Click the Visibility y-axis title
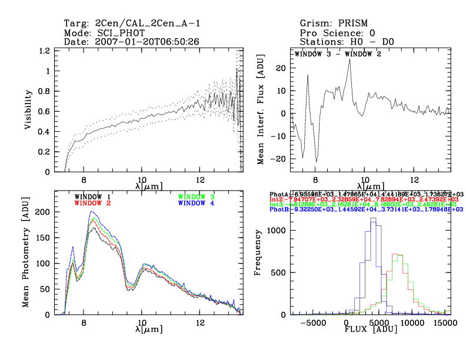pos(28,111)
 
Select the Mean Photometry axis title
pos(26,253)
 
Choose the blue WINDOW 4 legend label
pos(196,203)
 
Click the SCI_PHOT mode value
pos(120,33)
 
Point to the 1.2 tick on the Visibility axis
pos(44,51)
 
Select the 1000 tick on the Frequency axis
pos(273,231)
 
